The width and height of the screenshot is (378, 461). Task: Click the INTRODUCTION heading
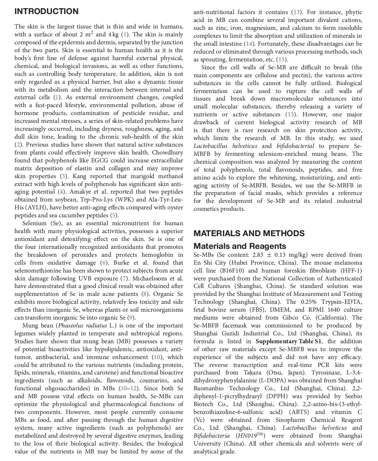(46, 11)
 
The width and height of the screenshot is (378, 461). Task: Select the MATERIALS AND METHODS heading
(249, 233)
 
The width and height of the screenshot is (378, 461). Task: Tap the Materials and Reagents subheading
(240, 246)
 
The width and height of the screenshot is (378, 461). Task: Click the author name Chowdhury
(167, 152)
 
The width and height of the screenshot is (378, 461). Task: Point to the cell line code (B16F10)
(232, 270)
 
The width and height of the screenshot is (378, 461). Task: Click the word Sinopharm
(290, 420)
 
